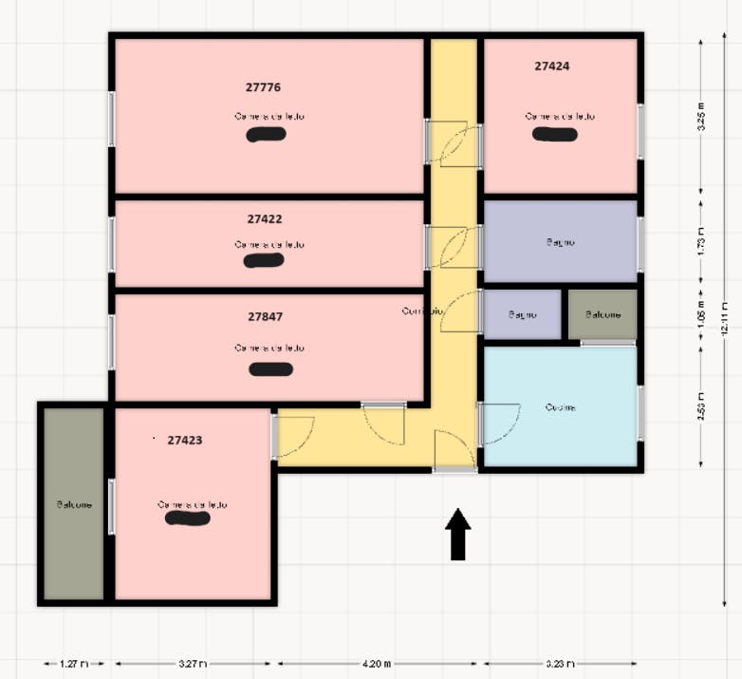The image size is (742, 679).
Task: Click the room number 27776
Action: tap(263, 87)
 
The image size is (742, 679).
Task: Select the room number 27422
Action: tap(265, 218)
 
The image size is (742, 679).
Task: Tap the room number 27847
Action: tap(266, 316)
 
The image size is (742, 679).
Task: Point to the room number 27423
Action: tap(185, 441)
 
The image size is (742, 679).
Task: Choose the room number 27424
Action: tap(552, 66)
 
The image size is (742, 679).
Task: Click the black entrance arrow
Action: tap(458, 534)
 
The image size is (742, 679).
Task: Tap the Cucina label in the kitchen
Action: tap(560, 407)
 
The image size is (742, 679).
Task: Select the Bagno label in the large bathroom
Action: tap(560, 242)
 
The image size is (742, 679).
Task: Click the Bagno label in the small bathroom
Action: tap(522, 314)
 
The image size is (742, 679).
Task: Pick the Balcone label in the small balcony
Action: tap(603, 314)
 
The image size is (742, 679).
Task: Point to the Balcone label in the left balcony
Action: tap(74, 504)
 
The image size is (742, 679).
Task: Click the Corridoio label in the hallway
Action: tap(421, 311)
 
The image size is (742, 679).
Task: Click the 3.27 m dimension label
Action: tap(193, 664)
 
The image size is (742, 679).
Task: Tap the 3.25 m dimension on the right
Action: tap(701, 116)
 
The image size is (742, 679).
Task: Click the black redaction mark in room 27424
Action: tap(554, 134)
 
